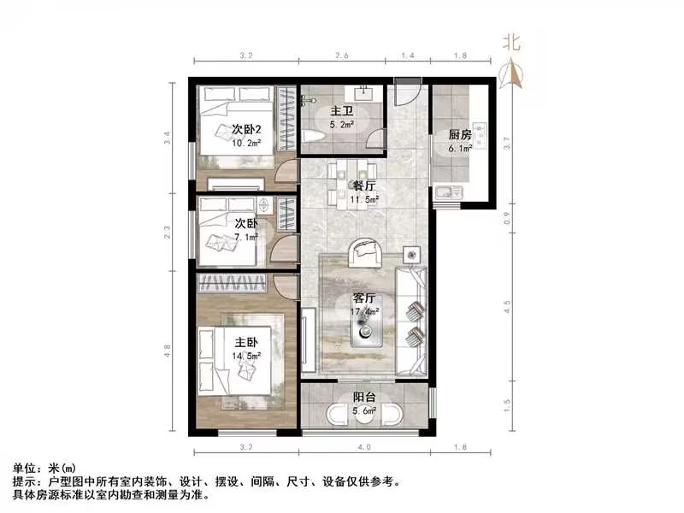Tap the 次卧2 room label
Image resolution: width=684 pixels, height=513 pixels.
point(247,129)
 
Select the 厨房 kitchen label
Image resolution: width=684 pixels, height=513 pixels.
point(460,134)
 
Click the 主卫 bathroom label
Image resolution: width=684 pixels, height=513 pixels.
point(342,110)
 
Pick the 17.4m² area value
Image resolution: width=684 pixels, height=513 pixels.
point(365,312)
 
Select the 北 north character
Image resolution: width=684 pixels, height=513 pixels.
point(511,41)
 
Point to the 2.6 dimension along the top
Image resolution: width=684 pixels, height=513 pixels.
point(341,56)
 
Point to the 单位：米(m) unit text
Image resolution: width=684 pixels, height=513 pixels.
point(44,469)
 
